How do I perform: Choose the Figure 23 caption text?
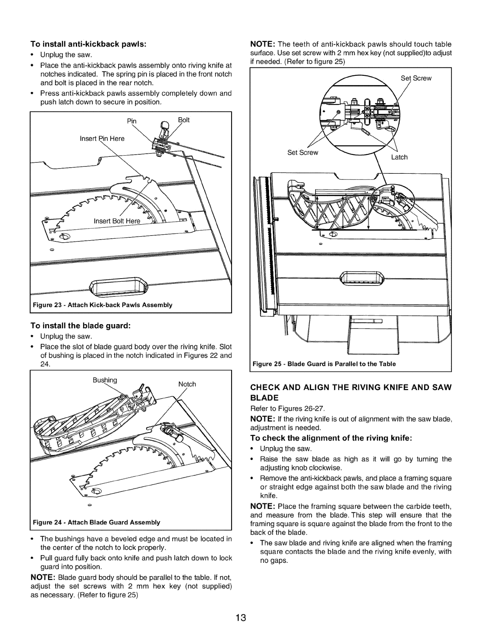click(x=103, y=305)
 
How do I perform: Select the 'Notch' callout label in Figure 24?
click(x=186, y=384)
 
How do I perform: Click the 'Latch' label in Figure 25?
click(x=399, y=157)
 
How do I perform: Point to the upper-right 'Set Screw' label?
click(x=416, y=78)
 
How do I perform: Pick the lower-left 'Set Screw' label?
click(x=303, y=152)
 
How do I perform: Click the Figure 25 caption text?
click(x=324, y=363)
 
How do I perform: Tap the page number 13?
click(x=241, y=618)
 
